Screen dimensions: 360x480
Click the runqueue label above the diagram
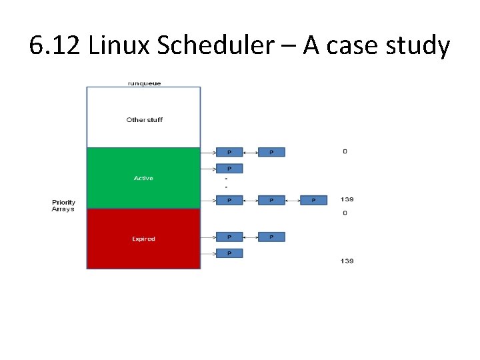pos(143,83)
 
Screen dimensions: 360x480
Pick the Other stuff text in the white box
pos(144,120)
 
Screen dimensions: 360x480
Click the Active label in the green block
pos(143,178)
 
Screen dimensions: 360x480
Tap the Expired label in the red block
pos(143,239)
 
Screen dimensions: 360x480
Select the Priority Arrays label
pos(64,206)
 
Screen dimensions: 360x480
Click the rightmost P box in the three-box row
pos(313,200)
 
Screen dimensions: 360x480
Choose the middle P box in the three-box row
pos(271,200)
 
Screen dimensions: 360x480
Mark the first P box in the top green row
pos(229,152)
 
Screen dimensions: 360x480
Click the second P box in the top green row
pos(271,152)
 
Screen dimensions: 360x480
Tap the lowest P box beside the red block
pos(229,253)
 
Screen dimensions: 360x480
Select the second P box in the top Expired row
pos(271,237)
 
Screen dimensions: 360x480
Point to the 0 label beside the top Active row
pos(345,152)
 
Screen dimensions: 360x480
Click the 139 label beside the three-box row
pos(347,199)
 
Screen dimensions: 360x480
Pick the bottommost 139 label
pos(347,261)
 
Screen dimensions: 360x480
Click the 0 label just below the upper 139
pos(345,213)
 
